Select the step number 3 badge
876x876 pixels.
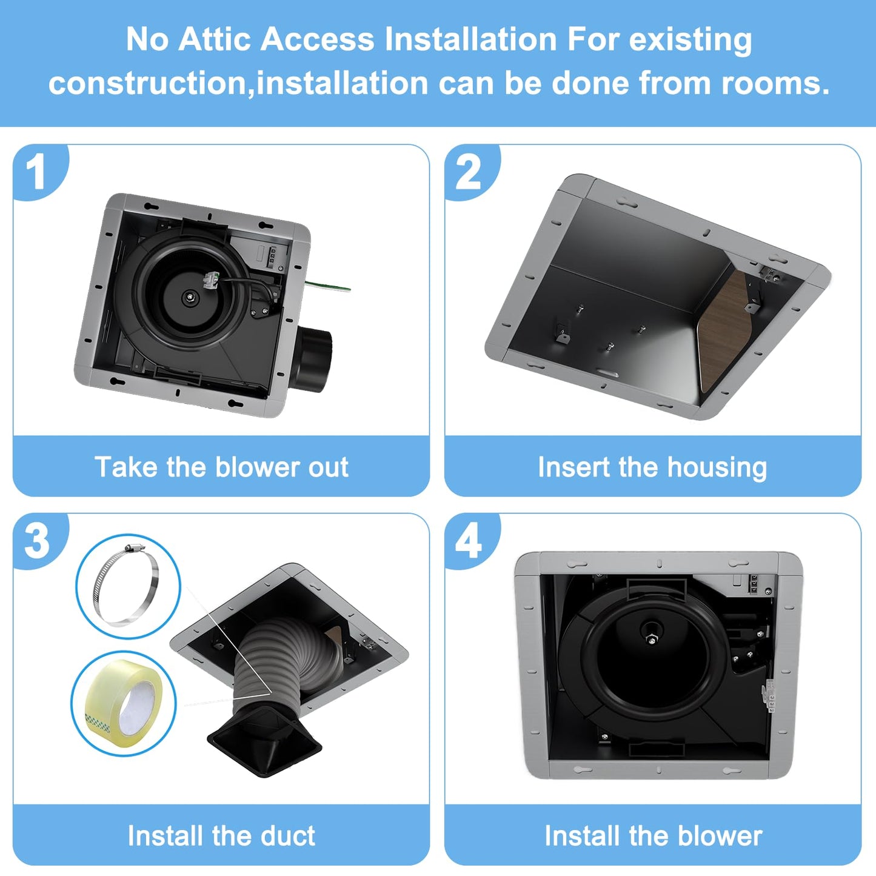[x=37, y=541]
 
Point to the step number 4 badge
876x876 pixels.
[x=468, y=541]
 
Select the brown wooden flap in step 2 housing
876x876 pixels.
[x=727, y=327]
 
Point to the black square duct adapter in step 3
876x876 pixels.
[x=264, y=743]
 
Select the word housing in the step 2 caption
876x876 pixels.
[x=717, y=467]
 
